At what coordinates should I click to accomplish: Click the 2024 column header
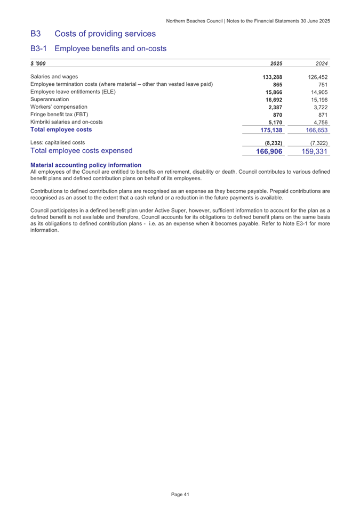coord(321,63)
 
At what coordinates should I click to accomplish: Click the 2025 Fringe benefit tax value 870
coord(277,114)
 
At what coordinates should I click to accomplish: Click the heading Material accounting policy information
coord(86,165)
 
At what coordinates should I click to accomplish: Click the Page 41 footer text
coord(180,495)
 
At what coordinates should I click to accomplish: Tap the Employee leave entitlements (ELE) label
coord(73,92)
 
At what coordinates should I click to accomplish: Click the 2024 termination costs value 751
coord(322,84)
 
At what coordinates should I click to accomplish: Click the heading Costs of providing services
coord(105,34)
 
